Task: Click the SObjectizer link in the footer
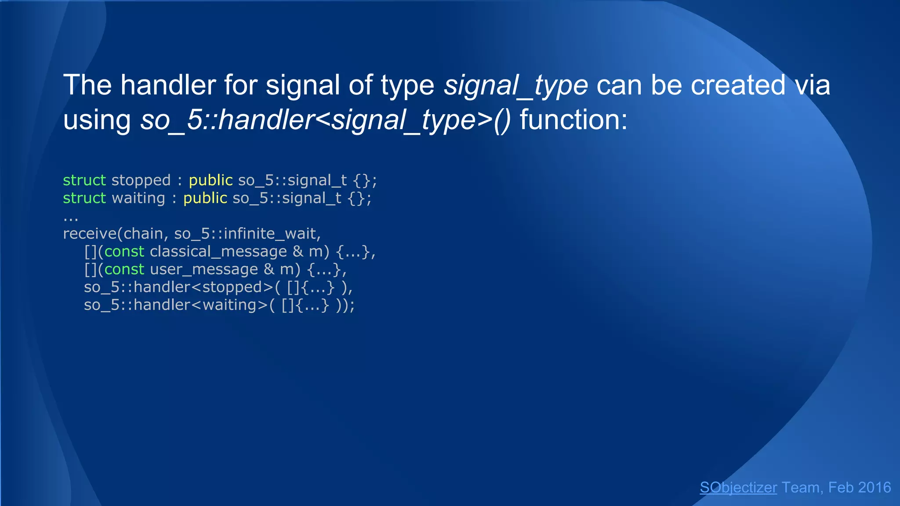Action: [x=738, y=488]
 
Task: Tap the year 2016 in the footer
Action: [x=874, y=488]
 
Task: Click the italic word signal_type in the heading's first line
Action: [x=515, y=85]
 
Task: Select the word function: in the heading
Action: [x=573, y=120]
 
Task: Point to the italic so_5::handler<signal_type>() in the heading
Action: [x=326, y=120]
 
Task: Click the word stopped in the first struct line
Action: [x=141, y=181]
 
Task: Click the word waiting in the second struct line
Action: [x=138, y=198]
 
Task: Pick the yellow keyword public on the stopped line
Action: [x=210, y=181]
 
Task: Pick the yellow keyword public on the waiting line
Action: [x=205, y=198]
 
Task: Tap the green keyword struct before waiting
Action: [x=84, y=198]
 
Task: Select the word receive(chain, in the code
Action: [x=116, y=234]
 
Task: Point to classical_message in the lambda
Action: [x=218, y=252]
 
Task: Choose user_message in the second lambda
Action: [x=204, y=269]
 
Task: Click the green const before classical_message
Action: [x=124, y=252]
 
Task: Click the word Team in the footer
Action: [x=801, y=488]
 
